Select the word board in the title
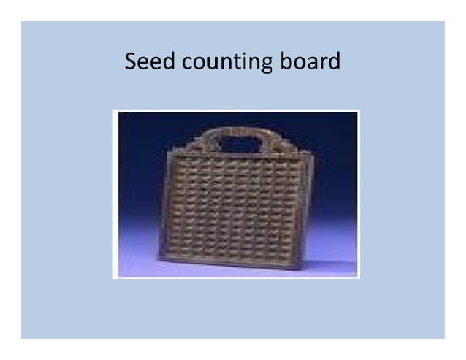coord(310,61)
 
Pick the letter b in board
coord(286,61)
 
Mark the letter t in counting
coord(239,62)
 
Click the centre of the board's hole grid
coord(236,204)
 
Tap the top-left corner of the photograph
coord(115,111)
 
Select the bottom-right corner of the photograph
coord(359,277)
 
